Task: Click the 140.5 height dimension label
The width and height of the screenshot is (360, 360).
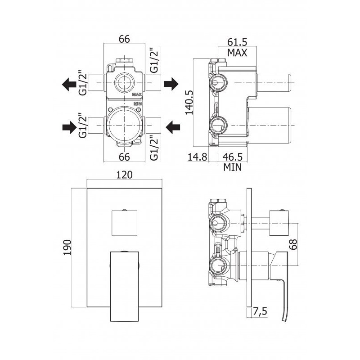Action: coord(189,102)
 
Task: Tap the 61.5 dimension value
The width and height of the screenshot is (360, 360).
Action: coord(237,42)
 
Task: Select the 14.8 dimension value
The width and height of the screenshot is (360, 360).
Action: coord(198,157)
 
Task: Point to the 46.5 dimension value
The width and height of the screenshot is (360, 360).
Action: coord(233,157)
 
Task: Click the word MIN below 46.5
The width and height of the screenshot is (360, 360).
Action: coord(233,167)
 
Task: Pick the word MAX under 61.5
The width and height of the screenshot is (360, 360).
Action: coord(237,53)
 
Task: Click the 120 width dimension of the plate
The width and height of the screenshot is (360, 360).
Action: coord(124,175)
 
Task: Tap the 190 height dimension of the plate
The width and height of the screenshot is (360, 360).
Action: coord(67,247)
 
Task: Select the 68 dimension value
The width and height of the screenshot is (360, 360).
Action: coord(293,244)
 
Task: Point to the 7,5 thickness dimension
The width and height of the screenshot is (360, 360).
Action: coord(261,311)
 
